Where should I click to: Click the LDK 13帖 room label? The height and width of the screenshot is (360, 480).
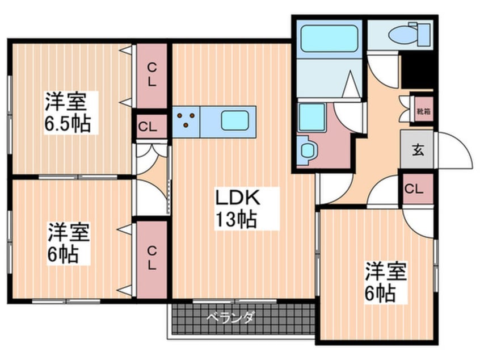point(238,208)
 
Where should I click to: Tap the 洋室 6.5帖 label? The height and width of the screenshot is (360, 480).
point(68,112)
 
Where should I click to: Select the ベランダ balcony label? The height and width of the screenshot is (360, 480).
point(230,318)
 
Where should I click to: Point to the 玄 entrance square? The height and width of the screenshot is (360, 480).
point(417,150)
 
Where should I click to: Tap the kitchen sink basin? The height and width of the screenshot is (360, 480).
point(235,120)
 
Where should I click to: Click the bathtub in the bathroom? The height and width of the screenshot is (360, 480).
point(329,38)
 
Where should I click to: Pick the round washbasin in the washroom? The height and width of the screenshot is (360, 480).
point(306,150)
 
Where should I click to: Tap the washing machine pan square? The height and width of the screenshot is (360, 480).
point(311,118)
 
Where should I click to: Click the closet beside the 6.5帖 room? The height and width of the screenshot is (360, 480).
point(152,76)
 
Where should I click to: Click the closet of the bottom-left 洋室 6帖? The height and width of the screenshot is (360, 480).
point(152,259)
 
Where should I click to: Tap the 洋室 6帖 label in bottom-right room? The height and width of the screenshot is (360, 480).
point(386,282)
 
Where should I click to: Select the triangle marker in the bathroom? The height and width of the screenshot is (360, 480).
point(351,84)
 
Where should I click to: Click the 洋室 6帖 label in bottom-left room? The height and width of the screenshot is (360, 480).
point(68,243)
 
